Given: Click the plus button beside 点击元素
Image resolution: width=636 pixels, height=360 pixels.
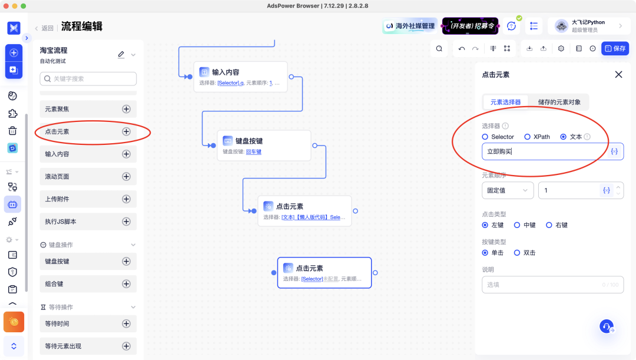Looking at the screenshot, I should (x=126, y=131).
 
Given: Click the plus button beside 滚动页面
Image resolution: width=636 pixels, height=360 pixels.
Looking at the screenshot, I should (x=126, y=176).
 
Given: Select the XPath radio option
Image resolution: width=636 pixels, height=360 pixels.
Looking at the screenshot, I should (x=528, y=137).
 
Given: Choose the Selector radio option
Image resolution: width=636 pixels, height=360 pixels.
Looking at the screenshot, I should (x=485, y=137).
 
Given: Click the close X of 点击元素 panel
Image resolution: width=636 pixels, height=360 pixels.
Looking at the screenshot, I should (x=618, y=74).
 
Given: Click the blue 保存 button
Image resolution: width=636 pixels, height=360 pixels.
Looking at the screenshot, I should (x=615, y=48).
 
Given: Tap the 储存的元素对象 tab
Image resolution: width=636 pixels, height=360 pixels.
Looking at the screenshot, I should (x=559, y=102).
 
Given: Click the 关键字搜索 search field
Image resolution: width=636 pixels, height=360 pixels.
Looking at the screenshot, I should (x=88, y=78).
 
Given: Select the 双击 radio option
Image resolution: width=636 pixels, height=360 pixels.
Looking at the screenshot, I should (x=518, y=253).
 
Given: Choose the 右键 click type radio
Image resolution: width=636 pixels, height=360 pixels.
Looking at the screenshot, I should (x=549, y=225).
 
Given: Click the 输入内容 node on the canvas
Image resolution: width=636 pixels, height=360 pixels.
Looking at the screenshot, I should (x=240, y=77).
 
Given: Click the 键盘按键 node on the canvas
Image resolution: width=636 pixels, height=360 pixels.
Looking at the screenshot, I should (x=264, y=145).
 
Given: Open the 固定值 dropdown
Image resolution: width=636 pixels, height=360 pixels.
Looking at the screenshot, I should (x=507, y=190).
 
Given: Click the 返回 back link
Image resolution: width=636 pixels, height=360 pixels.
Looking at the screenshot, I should (x=44, y=28).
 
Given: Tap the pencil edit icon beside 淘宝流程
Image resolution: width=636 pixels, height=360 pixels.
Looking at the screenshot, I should (x=121, y=54).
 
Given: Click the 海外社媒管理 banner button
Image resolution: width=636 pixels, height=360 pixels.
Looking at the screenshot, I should (x=410, y=26).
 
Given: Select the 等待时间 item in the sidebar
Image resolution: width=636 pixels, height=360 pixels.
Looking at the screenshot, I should (x=88, y=323).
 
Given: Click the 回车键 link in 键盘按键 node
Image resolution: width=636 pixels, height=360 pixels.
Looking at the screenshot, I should (x=253, y=151).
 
